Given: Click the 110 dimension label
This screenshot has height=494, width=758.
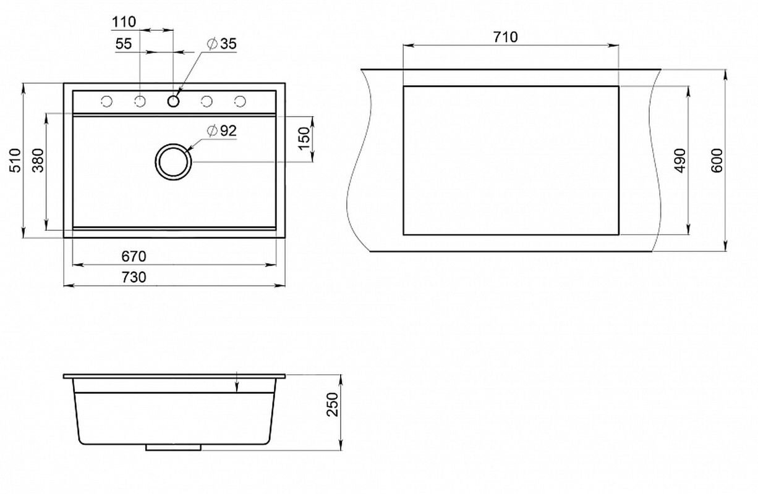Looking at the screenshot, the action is click(124, 22).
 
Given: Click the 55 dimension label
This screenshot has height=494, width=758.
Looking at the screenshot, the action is click(123, 44).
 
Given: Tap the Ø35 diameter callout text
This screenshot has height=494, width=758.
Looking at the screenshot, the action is click(221, 44).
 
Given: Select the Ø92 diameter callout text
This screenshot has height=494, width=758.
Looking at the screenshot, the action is click(221, 131).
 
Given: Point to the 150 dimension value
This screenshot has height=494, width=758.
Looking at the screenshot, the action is click(305, 138).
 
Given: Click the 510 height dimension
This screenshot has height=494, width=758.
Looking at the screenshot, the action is click(15, 160).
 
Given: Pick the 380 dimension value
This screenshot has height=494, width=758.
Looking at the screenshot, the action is click(38, 160).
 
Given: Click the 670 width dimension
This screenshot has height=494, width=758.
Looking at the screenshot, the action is click(134, 256).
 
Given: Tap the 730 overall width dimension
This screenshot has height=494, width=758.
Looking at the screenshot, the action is click(134, 277).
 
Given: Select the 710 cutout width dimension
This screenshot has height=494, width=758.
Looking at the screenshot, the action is click(505, 37).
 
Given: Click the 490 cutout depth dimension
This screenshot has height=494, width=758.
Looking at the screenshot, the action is click(680, 160).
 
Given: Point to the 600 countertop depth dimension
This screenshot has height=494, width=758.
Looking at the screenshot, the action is click(717, 160).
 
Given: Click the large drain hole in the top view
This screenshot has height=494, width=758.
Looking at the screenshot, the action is click(173, 146).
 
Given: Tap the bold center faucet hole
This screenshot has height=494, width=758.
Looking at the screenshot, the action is click(173, 101).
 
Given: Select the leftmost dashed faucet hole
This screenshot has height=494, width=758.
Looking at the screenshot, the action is click(106, 101).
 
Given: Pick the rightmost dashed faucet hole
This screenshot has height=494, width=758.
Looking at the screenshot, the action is click(240, 101).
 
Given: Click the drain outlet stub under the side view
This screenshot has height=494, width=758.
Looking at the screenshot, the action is click(173, 447).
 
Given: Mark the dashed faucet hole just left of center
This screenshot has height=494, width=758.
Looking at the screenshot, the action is click(140, 101).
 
